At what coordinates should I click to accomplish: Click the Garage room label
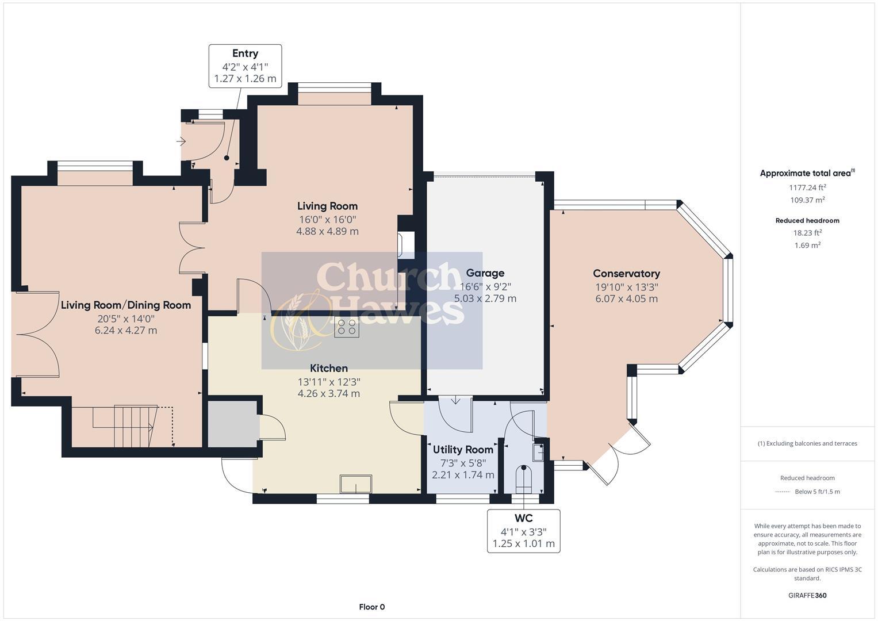(485, 273)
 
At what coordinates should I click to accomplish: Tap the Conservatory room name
(626, 273)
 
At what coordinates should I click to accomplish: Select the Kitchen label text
(328, 368)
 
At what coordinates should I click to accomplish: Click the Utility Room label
(463, 450)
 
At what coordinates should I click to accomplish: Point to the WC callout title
(524, 518)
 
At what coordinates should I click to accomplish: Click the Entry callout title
(245, 53)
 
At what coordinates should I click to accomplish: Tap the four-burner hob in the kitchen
(347, 327)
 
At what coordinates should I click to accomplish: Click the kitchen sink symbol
(356, 484)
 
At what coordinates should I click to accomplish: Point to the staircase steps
(133, 426)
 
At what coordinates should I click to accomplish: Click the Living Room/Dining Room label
(126, 305)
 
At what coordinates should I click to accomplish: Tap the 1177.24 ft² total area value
(807, 187)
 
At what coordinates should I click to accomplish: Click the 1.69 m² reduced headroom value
(807, 246)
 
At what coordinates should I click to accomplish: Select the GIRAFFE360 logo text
(807, 596)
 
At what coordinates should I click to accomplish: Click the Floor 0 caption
(372, 607)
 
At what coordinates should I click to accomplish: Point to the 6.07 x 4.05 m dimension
(626, 299)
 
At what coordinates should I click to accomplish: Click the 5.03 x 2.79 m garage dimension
(485, 298)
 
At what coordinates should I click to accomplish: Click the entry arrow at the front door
(181, 141)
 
